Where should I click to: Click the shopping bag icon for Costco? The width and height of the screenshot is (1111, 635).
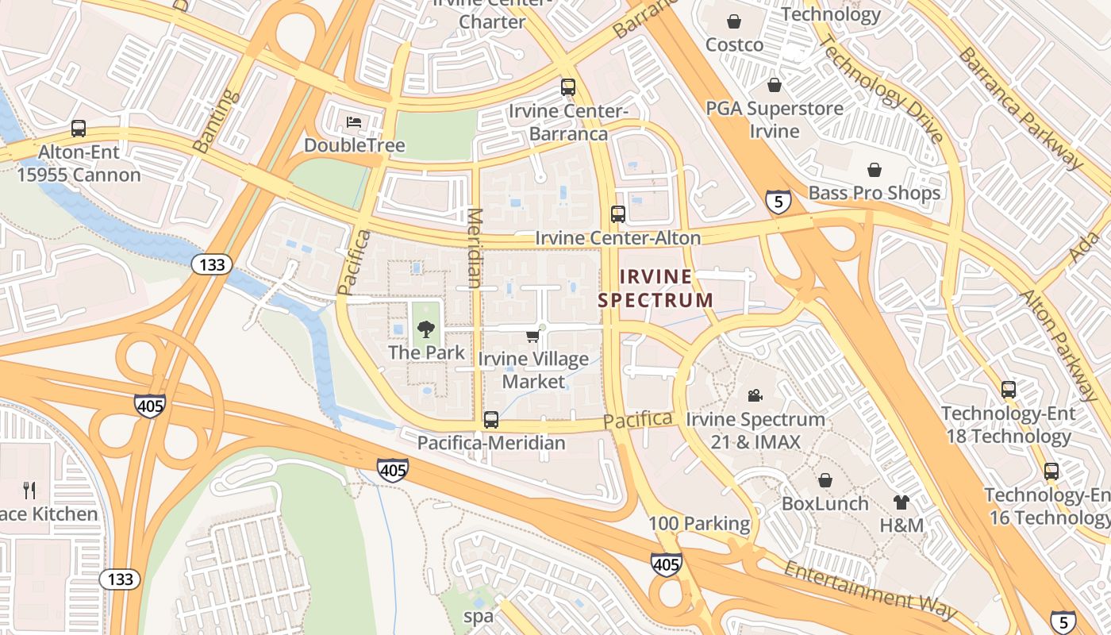[x=734, y=21]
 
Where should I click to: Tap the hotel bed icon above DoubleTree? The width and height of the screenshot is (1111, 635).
[x=354, y=122]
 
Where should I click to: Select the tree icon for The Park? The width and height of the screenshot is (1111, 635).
[x=426, y=329]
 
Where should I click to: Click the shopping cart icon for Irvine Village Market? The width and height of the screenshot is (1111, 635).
[x=532, y=337]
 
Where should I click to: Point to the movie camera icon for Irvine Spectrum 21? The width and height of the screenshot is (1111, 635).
[x=755, y=395]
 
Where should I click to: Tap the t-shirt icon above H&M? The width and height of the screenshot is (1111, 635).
[x=901, y=502]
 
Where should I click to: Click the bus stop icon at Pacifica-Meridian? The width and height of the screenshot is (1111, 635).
[x=491, y=419]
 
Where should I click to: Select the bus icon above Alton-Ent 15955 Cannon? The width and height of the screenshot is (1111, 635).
[x=79, y=128]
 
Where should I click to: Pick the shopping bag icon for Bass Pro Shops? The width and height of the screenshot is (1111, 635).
[x=874, y=170]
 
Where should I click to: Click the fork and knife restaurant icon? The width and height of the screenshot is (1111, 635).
[x=29, y=490]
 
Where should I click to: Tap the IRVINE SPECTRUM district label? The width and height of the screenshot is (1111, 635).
[x=655, y=288]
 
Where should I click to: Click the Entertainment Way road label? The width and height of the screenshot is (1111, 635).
[x=870, y=589]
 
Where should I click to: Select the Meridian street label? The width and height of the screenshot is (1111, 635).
[x=475, y=248]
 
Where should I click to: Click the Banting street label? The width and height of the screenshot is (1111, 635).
[x=215, y=121]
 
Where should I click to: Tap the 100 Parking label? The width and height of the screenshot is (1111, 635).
[x=698, y=523]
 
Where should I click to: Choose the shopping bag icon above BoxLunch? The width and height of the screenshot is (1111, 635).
[x=825, y=480]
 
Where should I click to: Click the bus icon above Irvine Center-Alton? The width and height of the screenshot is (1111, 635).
[x=617, y=214]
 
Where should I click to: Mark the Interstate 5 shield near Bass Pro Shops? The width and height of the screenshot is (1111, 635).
[x=778, y=202]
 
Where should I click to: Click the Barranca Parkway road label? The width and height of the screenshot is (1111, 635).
[x=1020, y=108]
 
